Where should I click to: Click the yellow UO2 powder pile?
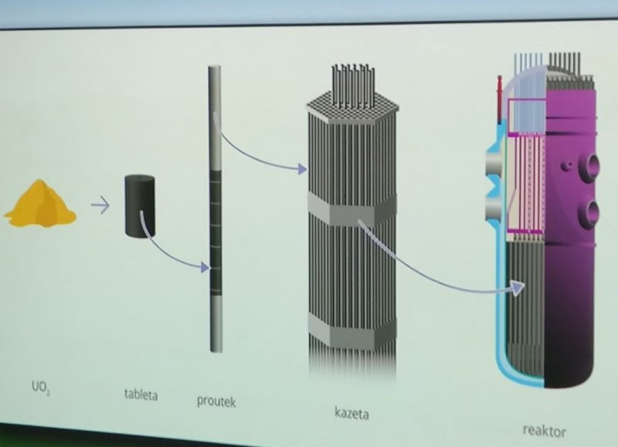(x=40, y=204)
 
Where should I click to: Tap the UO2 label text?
(x=41, y=388)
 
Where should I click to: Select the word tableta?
(x=141, y=395)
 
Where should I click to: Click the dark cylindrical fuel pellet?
(x=140, y=205)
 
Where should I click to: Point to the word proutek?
(x=216, y=401)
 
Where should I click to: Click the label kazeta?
(x=352, y=414)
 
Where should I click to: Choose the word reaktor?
(x=545, y=431)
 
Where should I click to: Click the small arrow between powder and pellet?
(x=100, y=205)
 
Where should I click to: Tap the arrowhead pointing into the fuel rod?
(x=205, y=267)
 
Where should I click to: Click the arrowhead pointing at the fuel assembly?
(x=302, y=169)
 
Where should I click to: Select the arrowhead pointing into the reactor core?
(x=518, y=287)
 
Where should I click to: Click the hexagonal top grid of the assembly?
(x=353, y=107)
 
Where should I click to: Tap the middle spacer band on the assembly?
(x=352, y=208)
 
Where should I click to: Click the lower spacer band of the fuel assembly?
(x=352, y=330)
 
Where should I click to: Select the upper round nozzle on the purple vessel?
(x=589, y=167)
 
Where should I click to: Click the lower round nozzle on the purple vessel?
(x=589, y=213)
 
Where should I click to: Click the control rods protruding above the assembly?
(x=353, y=85)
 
